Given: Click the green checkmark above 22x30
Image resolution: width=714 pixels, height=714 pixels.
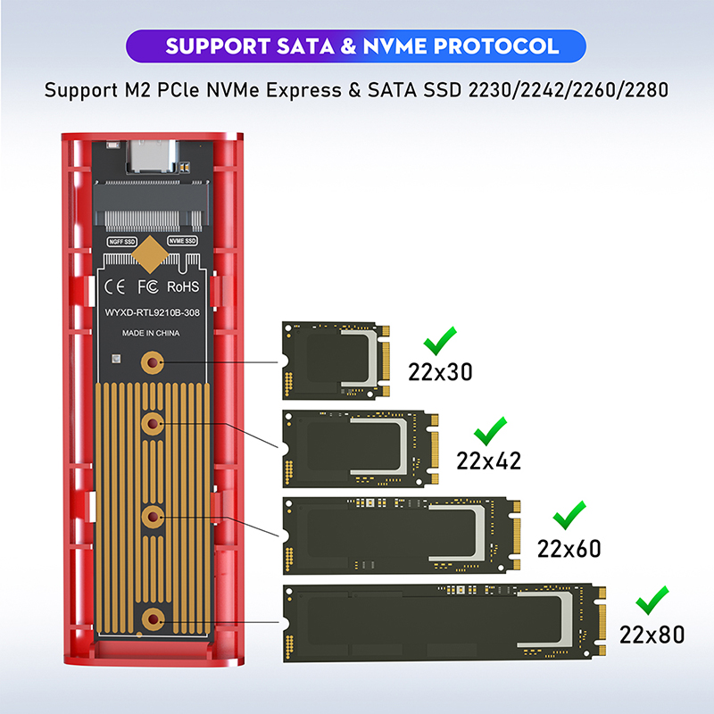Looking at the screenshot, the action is pyautogui.click(x=439, y=343).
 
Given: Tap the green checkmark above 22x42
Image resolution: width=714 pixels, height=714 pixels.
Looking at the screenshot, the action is pyautogui.click(x=489, y=432).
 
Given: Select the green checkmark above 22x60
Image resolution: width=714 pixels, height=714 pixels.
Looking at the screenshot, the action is pyautogui.click(x=569, y=516).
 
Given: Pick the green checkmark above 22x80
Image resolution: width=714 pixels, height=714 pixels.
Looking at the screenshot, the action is pyautogui.click(x=652, y=601).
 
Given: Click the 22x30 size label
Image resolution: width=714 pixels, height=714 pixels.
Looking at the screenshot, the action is pyautogui.click(x=440, y=372).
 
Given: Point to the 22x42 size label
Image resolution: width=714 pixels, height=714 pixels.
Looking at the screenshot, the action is pyautogui.click(x=488, y=461).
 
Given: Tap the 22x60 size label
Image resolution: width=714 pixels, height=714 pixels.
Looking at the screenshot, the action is pyautogui.click(x=569, y=549).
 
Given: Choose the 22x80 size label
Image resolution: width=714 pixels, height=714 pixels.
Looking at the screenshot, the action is pyautogui.click(x=652, y=635).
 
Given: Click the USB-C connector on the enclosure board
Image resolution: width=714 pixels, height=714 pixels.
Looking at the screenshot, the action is pyautogui.click(x=151, y=156).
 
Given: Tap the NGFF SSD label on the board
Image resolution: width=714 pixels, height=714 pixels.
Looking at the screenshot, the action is pyautogui.click(x=122, y=241).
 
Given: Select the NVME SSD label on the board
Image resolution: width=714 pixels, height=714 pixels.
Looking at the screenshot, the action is pyautogui.click(x=182, y=240).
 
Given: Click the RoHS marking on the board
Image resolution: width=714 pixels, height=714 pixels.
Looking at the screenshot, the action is pyautogui.click(x=183, y=286).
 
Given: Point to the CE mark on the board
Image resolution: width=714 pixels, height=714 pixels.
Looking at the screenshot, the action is pyautogui.click(x=114, y=286).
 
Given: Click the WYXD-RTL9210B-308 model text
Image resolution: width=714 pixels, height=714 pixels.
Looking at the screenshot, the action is pyautogui.click(x=152, y=312).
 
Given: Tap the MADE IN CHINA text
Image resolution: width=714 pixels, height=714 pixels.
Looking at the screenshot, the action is pyautogui.click(x=151, y=333).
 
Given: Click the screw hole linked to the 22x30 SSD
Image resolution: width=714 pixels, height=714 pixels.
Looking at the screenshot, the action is pyautogui.click(x=153, y=362).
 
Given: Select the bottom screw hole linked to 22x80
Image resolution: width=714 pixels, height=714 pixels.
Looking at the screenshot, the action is pyautogui.click(x=153, y=619).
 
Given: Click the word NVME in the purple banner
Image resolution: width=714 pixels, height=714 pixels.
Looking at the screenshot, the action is pyautogui.click(x=394, y=46).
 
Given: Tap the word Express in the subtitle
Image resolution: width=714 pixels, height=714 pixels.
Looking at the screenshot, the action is pyautogui.click(x=303, y=90).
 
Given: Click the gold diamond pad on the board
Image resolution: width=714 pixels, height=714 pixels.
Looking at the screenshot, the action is pyautogui.click(x=150, y=254).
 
